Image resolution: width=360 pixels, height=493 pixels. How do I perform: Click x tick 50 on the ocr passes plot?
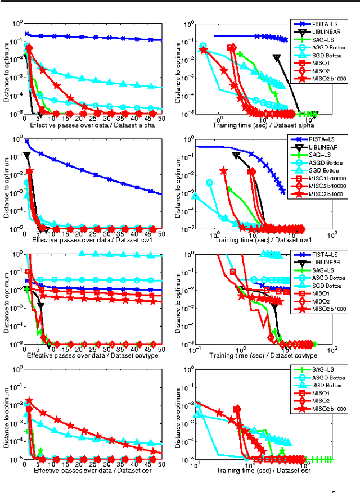pos(161,464)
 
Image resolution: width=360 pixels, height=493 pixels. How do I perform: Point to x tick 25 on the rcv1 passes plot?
pos(92,234)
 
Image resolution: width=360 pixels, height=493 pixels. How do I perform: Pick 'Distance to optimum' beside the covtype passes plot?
pos(7,299)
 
